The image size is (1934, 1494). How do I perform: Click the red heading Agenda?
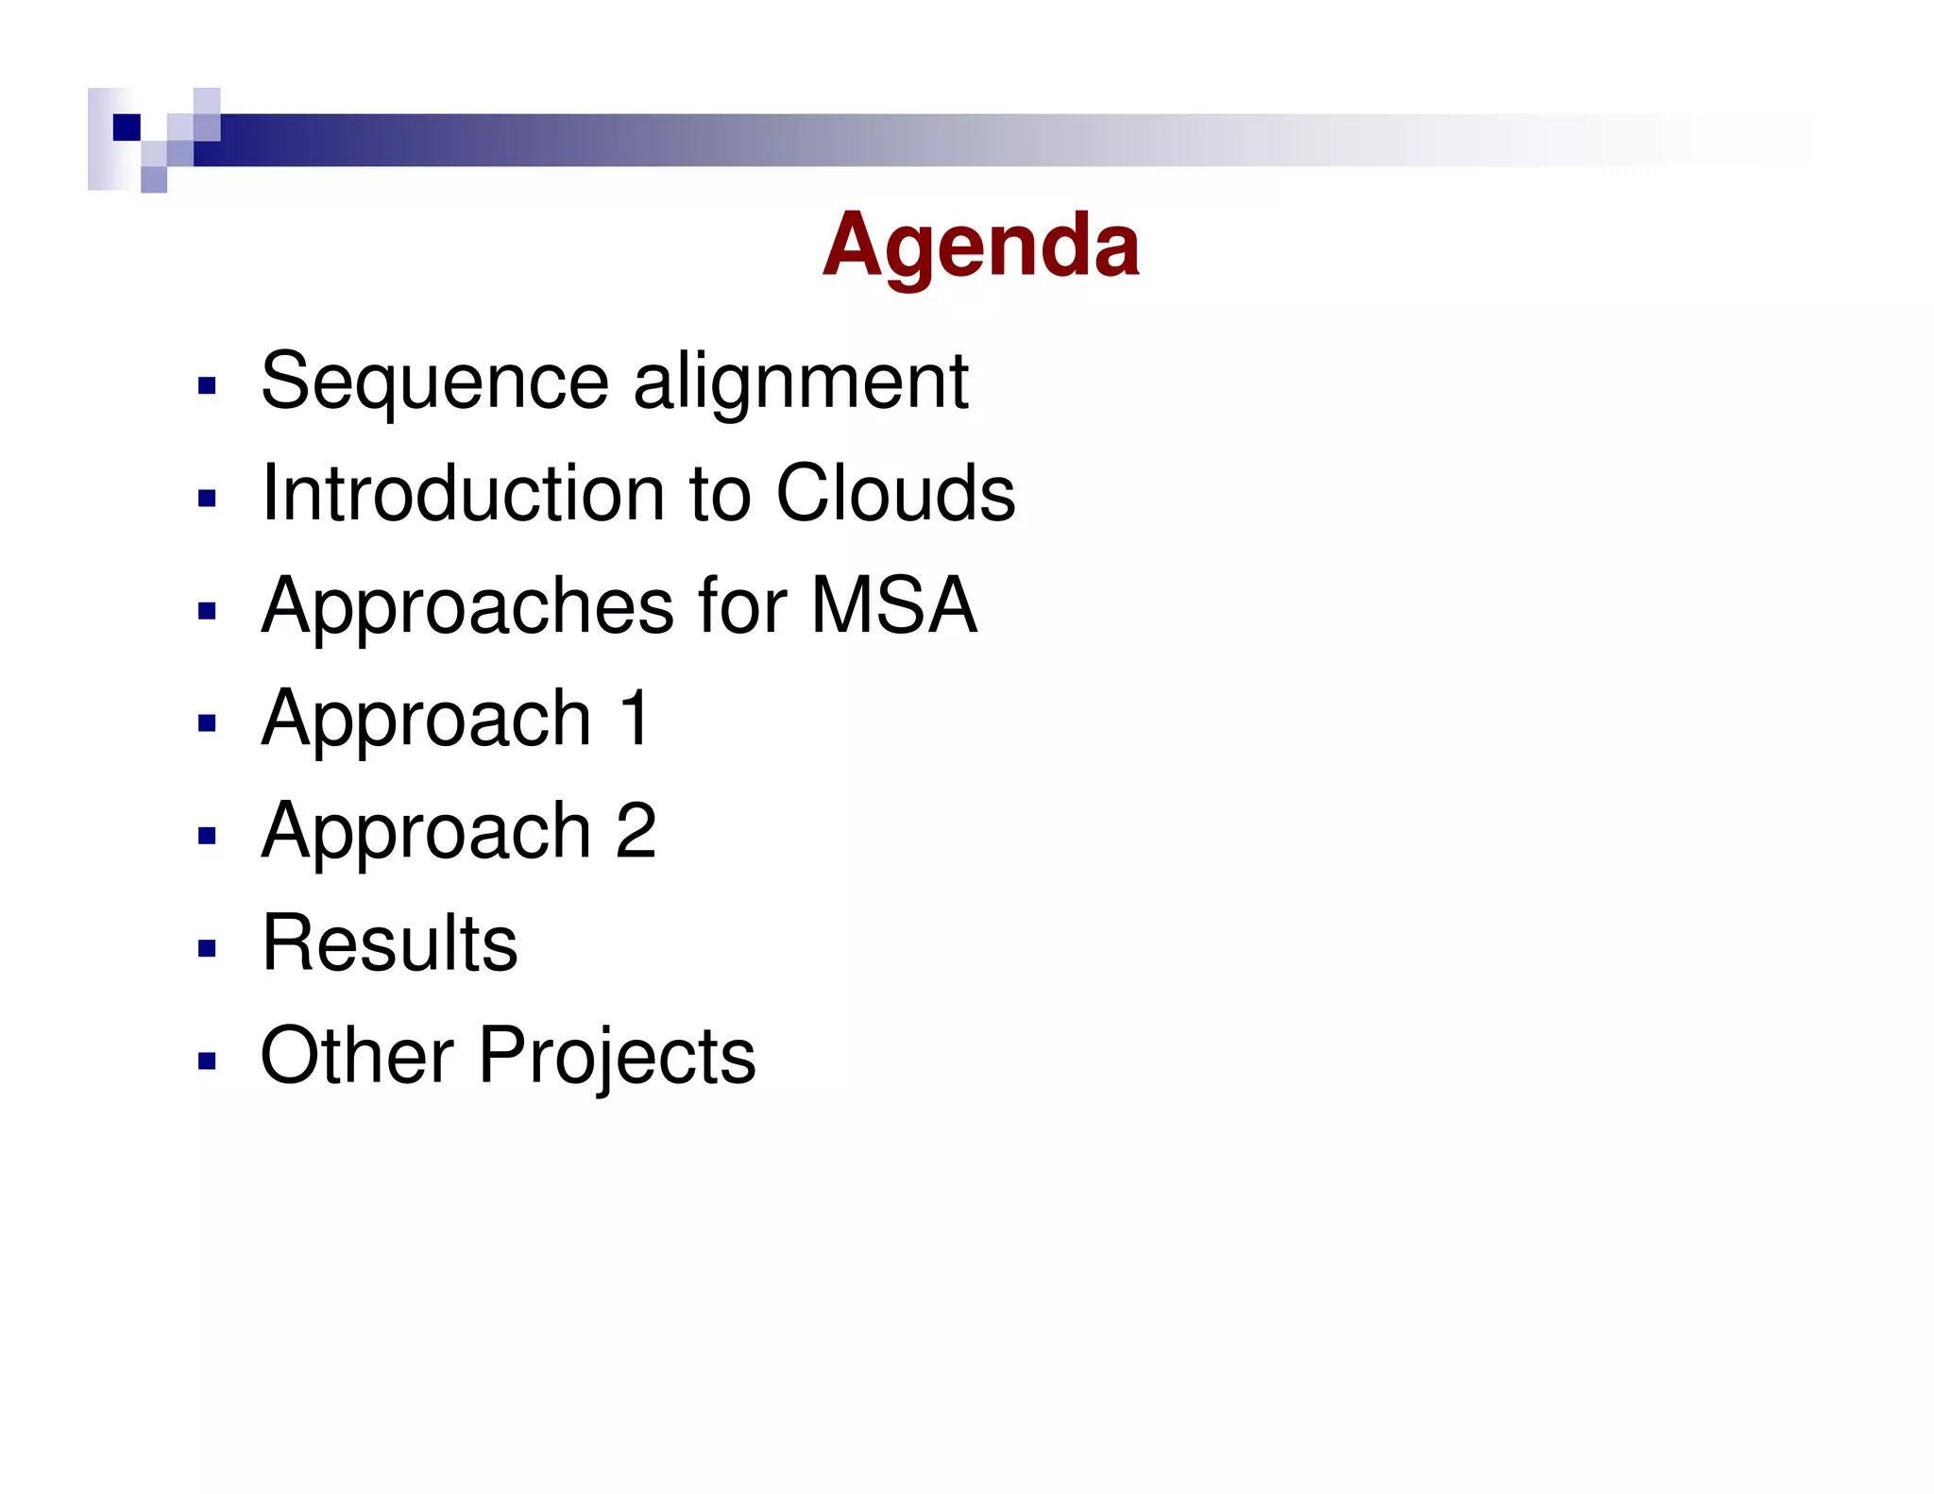pyautogui.click(x=980, y=246)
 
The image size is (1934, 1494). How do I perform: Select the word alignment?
pyautogui.click(x=801, y=382)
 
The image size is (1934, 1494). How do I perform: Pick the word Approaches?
pyautogui.click(x=468, y=606)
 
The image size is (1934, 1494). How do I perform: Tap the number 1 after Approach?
pyautogui.click(x=635, y=718)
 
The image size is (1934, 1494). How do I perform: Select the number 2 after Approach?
pyautogui.click(x=636, y=830)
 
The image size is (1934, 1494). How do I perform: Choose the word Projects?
pyautogui.click(x=617, y=1057)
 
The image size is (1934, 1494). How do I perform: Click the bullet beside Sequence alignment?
pyautogui.click(x=208, y=385)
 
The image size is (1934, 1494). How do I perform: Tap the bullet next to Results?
pyautogui.click(x=208, y=947)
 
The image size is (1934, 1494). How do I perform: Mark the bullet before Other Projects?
pyautogui.click(x=208, y=1060)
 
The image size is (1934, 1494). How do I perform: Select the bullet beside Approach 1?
pyautogui.click(x=208, y=722)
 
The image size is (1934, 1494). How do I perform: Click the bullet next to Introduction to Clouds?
pyautogui.click(x=208, y=498)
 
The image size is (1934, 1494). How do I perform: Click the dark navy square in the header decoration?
pyautogui.click(x=127, y=127)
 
